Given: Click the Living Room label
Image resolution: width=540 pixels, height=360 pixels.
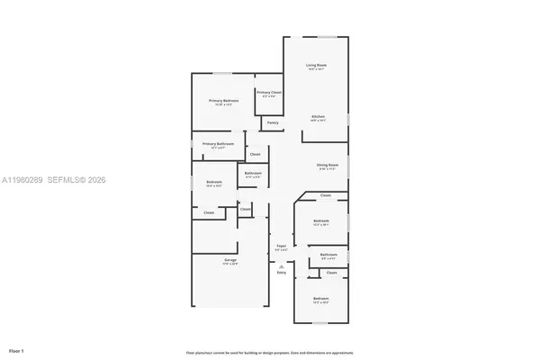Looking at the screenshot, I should click(316, 66).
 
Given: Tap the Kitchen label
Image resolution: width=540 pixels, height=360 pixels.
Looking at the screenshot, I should click(318, 117).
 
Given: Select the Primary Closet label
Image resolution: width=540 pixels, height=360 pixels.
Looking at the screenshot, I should click(269, 93).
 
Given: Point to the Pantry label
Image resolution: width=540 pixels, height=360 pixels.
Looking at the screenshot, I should click(273, 122).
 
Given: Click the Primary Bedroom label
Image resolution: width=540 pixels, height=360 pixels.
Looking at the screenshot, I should click(221, 100).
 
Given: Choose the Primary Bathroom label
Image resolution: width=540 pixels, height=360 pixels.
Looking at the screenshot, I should click(218, 144).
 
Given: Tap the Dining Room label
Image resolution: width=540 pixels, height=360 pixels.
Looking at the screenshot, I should click(327, 165).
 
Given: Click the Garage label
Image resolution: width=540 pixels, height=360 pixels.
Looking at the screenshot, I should click(230, 261).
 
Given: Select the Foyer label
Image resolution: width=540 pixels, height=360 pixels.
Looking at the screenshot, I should click(281, 246).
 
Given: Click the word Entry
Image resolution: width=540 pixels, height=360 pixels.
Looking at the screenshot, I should click(281, 272).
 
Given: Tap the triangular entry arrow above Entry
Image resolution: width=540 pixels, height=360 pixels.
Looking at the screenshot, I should click(281, 265).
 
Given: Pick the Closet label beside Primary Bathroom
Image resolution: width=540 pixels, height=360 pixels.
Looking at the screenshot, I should click(255, 154).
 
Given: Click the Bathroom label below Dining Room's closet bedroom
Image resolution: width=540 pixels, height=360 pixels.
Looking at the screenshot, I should click(328, 255).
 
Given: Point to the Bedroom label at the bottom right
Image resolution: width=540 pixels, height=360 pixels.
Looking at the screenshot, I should click(320, 298).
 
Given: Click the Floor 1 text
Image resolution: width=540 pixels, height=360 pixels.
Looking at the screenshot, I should click(17, 348).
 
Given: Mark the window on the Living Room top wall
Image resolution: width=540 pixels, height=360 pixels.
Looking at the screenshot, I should click(326, 36).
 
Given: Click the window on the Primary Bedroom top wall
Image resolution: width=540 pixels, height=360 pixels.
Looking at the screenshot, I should click(221, 73).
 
